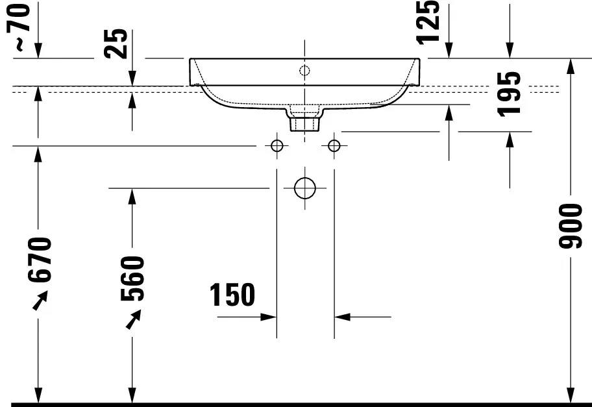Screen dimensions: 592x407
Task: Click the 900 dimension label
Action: tap(571, 226)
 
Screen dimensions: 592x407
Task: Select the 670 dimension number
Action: tap(39, 260)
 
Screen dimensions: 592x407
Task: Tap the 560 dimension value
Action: tap(132, 278)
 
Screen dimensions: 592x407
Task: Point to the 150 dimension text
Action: tap(232, 295)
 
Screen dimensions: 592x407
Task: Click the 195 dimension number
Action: tap(509, 94)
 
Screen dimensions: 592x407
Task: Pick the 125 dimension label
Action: tap(428, 22)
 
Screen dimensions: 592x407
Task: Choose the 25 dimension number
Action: tap(116, 43)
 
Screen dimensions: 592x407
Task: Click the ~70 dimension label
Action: tap(18, 27)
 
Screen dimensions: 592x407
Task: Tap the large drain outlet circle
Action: tap(304, 188)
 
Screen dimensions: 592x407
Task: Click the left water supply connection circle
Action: tap(277, 145)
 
